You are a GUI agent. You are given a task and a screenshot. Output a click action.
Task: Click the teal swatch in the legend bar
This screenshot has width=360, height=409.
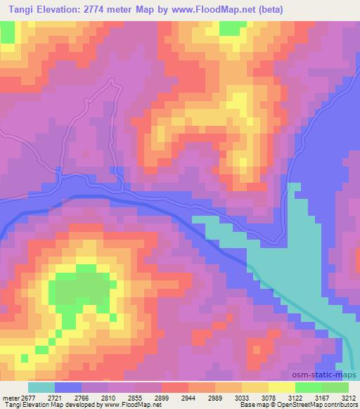tap(41, 387)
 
